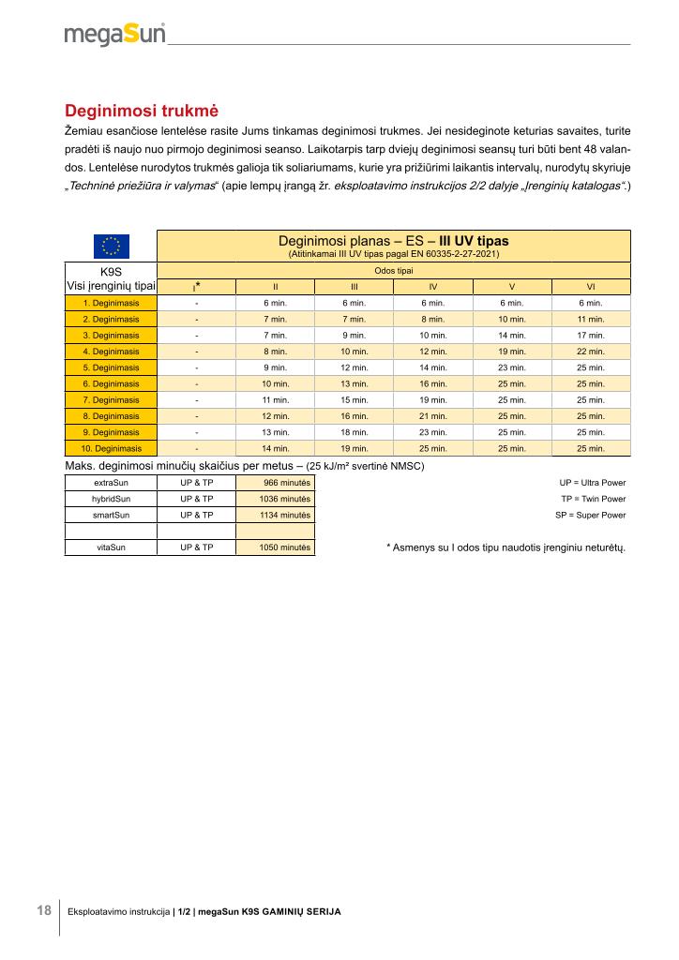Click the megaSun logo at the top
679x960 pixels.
click(114, 34)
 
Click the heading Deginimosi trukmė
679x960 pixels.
click(141, 111)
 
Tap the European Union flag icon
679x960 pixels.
click(111, 247)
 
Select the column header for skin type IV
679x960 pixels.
click(432, 286)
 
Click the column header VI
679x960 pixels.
click(591, 286)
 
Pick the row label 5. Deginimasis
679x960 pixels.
click(111, 367)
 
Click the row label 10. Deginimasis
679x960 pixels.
click(111, 448)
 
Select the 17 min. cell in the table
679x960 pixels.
click(591, 335)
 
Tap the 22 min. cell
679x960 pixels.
click(591, 352)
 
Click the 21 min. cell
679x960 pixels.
click(432, 416)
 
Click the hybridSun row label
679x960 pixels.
click(112, 499)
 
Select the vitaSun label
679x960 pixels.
click(112, 547)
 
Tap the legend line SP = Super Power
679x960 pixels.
click(590, 515)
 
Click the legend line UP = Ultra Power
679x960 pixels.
click(592, 483)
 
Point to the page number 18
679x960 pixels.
click(44, 910)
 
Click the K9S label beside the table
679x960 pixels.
click(112, 270)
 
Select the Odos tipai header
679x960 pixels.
click(393, 270)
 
